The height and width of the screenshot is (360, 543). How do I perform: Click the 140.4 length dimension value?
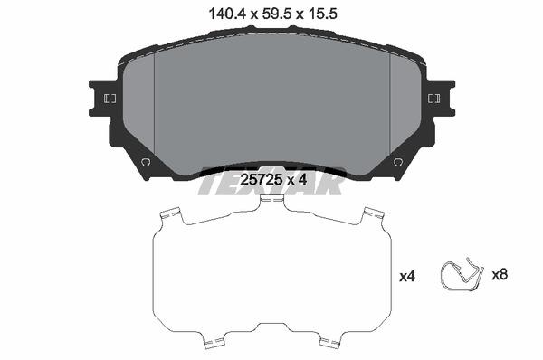point(227,14)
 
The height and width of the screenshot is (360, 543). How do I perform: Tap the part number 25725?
point(261,180)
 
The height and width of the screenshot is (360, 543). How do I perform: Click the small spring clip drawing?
point(462,274)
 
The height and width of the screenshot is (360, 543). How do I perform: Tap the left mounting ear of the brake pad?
point(103,99)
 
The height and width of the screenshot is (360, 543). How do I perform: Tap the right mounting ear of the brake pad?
point(441,99)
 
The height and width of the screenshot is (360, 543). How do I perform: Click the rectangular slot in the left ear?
point(110,99)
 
